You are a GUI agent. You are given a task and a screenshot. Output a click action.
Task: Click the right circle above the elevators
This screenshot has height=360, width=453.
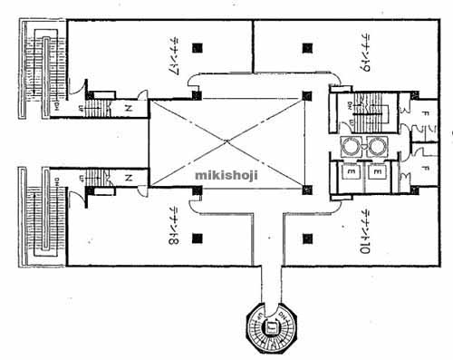[x=375, y=145]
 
